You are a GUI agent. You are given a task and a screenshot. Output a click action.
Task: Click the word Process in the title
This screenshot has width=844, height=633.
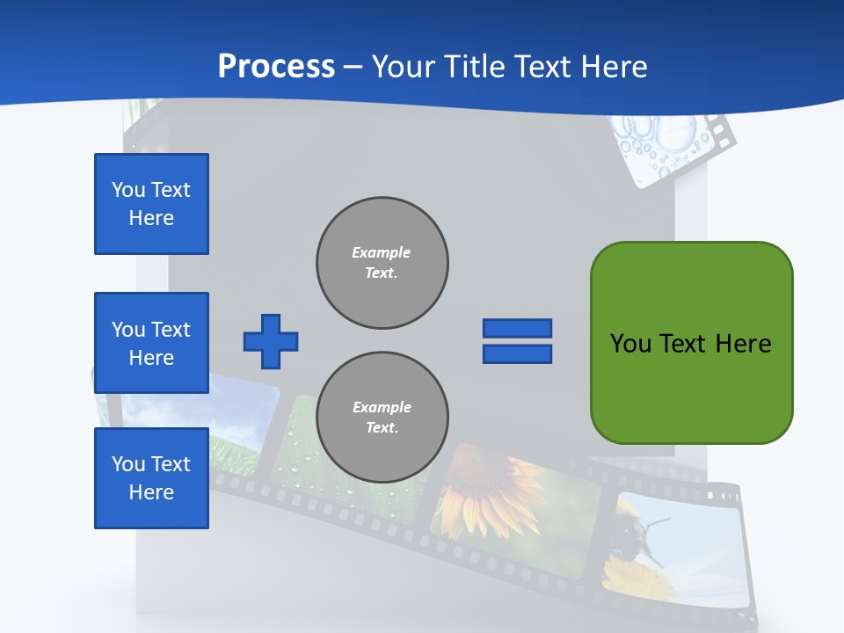tap(276, 67)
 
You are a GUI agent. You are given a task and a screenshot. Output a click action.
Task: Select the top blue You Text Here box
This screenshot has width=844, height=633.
tap(151, 204)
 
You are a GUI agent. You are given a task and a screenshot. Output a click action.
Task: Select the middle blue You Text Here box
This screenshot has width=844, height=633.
tap(151, 343)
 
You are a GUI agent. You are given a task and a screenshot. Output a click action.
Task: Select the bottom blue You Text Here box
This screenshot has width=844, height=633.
tap(151, 478)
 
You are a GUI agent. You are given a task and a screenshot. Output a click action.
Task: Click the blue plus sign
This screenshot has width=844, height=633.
tap(271, 341)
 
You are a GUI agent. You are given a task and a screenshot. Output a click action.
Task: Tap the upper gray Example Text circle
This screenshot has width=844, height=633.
tap(382, 263)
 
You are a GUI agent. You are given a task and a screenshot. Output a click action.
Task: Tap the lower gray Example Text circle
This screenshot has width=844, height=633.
tap(382, 418)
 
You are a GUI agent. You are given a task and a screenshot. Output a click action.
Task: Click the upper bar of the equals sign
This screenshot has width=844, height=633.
tap(517, 328)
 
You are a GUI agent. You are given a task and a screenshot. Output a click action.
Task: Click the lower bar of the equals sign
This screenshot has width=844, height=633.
tap(517, 353)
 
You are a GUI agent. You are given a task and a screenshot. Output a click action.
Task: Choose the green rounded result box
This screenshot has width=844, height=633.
tap(691, 343)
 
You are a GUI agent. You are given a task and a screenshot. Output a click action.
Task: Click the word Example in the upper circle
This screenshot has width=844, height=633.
tap(382, 252)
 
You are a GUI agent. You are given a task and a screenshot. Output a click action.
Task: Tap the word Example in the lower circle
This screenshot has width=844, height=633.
tap(382, 407)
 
